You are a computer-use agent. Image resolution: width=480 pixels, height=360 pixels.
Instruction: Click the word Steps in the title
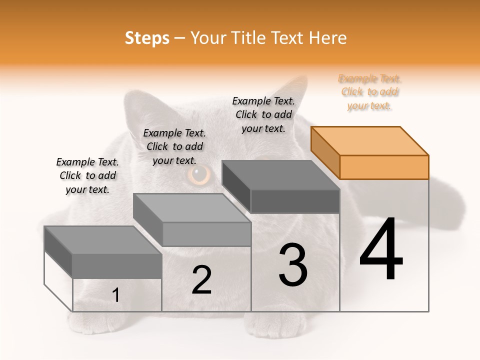147,38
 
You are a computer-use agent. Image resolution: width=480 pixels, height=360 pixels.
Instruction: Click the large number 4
381,250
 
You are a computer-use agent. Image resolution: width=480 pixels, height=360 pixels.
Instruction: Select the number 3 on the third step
293,265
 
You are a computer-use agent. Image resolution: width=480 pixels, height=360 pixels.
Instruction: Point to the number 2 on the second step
201,280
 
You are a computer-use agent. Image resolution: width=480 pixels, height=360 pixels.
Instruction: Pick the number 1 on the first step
115,295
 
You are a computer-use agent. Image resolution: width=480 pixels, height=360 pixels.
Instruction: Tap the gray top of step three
280,175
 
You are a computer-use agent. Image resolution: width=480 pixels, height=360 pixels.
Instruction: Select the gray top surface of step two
192,207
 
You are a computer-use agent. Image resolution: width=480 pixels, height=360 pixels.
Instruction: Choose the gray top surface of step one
102,240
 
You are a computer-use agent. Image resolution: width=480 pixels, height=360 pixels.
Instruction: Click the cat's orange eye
200,174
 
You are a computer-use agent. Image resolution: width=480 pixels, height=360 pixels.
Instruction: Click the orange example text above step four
370,92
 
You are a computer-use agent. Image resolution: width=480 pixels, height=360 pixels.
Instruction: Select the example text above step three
263,114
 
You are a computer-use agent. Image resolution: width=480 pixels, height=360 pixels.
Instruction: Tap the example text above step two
174,146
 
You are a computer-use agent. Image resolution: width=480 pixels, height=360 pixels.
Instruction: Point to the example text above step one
87,175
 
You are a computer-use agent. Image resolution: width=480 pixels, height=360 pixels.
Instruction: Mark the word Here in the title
327,38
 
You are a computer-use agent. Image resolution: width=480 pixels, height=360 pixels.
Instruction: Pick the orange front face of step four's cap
384,167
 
